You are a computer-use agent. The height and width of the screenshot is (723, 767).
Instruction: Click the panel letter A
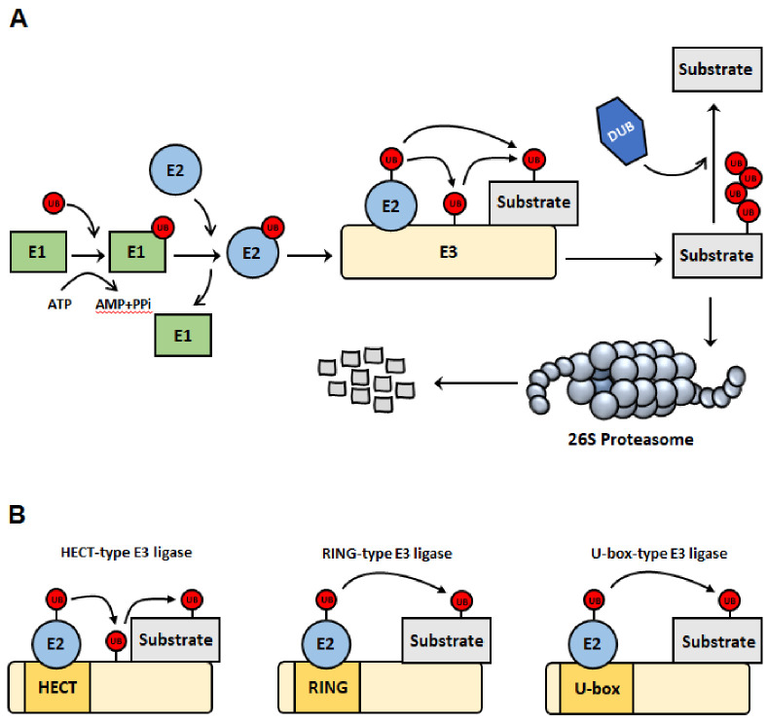click(16, 18)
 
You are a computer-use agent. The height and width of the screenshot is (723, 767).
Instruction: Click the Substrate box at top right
click(715, 69)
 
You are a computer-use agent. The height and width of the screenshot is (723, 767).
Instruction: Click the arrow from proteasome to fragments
click(475, 382)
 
